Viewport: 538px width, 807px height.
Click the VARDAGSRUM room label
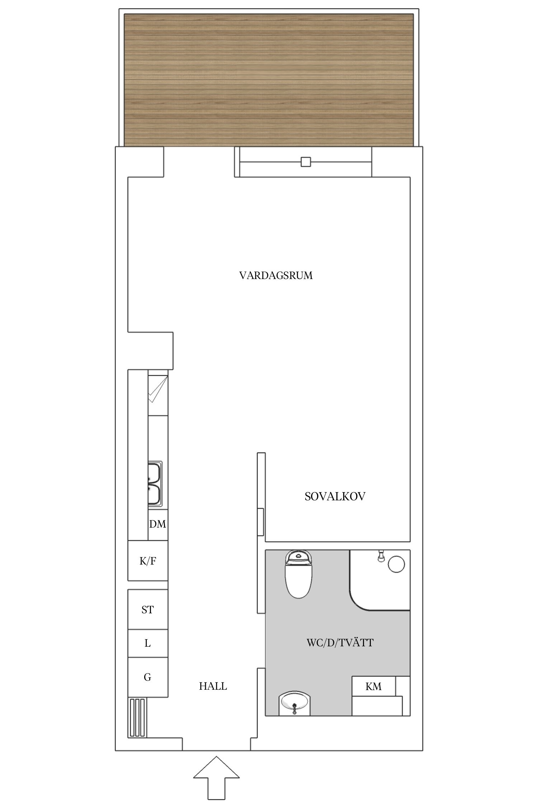pyautogui.click(x=276, y=275)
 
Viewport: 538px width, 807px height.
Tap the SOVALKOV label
pyautogui.click(x=335, y=496)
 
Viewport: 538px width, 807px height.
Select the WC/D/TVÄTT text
pyautogui.click(x=340, y=642)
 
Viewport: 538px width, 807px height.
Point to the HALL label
pyautogui.click(x=213, y=686)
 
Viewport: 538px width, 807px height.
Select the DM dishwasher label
pyautogui.click(x=158, y=524)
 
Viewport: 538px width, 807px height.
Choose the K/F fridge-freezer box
pyautogui.click(x=148, y=561)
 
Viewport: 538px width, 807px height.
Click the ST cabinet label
pyautogui.click(x=147, y=609)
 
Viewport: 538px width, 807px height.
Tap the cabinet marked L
pyautogui.click(x=147, y=643)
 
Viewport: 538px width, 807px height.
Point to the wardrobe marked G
pyautogui.click(x=147, y=677)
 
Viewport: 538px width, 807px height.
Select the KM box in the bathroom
pyautogui.click(x=373, y=686)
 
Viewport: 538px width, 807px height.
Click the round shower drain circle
pyautogui.click(x=396, y=564)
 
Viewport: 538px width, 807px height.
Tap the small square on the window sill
pyautogui.click(x=306, y=162)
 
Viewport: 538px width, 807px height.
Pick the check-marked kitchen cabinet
pyautogui.click(x=158, y=393)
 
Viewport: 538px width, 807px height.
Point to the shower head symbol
pyautogui.click(x=381, y=556)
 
